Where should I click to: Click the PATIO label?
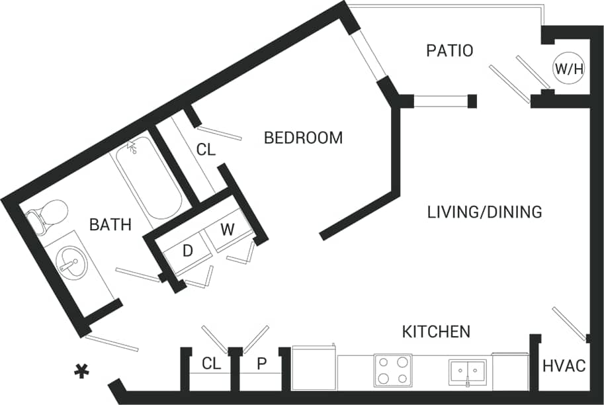point(450,50)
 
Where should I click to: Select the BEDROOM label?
point(303,138)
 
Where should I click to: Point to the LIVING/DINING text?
point(484,212)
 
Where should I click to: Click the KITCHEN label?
point(437,331)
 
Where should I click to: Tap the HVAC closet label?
point(564,365)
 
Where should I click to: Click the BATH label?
point(110,224)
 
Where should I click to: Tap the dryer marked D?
point(187,251)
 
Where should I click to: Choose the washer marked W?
point(227,230)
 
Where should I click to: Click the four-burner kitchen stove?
point(393,370)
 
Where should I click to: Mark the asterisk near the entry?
point(82,372)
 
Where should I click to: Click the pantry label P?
point(262,363)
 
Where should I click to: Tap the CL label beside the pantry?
point(211,363)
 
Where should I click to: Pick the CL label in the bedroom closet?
point(206,150)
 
